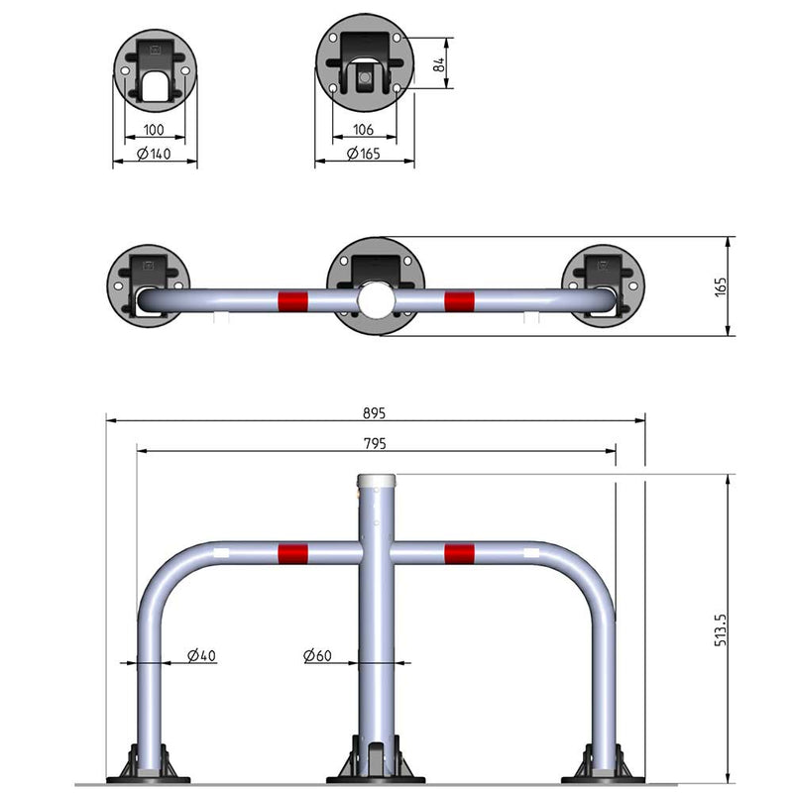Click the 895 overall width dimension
373,412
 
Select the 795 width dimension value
373,442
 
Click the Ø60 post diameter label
318,655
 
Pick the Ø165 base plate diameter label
364,154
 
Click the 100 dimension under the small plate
154,130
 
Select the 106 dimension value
364,130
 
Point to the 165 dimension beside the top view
721,286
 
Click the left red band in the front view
292,552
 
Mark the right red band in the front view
459,552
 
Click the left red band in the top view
292,299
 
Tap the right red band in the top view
459,299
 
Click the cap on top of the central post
377,481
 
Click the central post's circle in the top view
377,298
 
